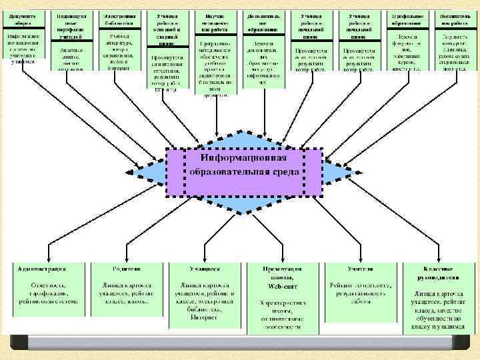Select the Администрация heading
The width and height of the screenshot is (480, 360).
[43, 269]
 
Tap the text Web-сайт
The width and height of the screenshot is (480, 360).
[282, 285]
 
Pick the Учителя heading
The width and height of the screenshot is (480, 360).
[360, 269]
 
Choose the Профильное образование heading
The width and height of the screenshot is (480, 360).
[405, 18]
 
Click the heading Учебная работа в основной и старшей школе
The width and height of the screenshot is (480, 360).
[166, 26]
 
